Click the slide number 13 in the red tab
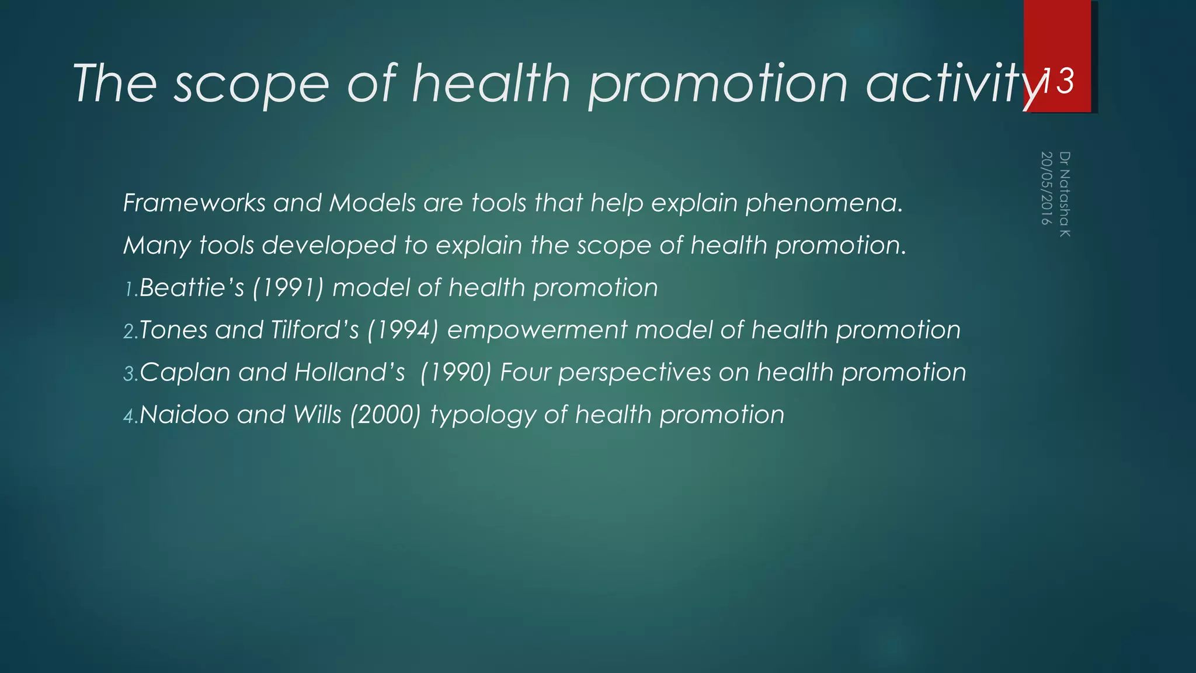(x=1058, y=81)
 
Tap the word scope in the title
(x=252, y=85)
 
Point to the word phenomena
(x=824, y=203)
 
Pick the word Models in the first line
(x=372, y=203)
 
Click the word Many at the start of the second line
(x=157, y=246)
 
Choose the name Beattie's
(x=192, y=288)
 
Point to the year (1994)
(x=402, y=330)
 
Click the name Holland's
(x=349, y=373)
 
